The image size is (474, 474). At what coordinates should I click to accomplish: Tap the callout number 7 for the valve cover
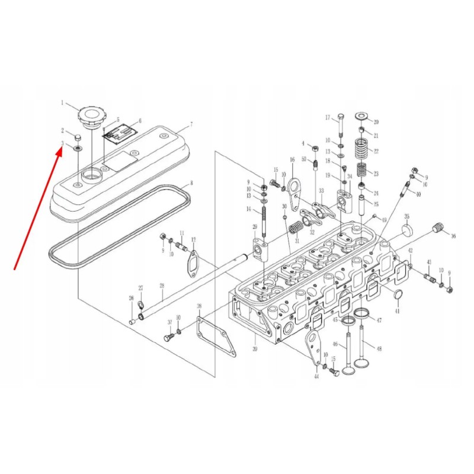(x=191, y=125)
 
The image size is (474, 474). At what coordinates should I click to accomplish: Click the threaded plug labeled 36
(x=438, y=228)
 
